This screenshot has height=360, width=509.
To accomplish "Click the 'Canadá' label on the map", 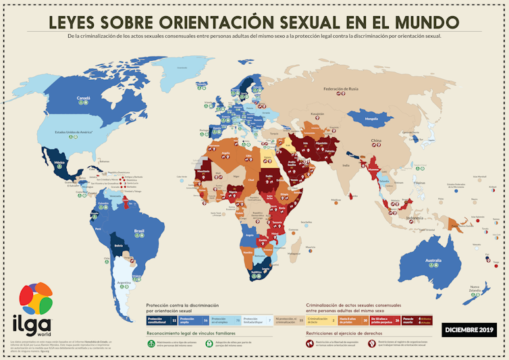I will (83, 97).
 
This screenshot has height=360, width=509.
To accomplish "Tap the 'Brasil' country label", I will (140, 232).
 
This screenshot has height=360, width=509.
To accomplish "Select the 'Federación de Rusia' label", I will (340, 89).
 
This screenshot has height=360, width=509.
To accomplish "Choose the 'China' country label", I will (375, 140).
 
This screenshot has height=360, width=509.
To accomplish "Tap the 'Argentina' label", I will (124, 282).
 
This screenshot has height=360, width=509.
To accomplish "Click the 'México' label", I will (59, 163).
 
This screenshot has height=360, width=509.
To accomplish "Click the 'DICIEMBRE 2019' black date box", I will (468, 330).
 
